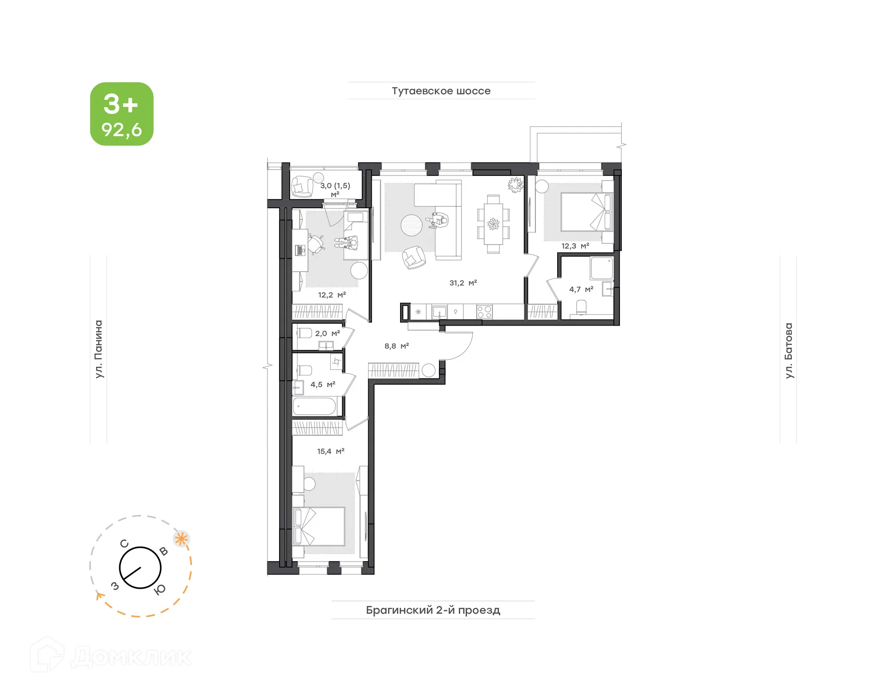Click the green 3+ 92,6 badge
click(122, 114)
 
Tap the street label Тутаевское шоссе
click(441, 91)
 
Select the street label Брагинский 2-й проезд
click(433, 610)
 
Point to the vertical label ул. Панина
click(98, 349)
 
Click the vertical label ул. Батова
click(789, 350)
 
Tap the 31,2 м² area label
click(462, 283)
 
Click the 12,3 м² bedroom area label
click(575, 246)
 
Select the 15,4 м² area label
click(330, 451)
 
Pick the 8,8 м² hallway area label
click(396, 346)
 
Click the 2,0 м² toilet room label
click(327, 333)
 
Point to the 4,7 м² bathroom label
click(581, 290)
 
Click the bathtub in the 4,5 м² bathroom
click(315, 407)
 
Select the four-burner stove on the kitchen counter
click(484, 312)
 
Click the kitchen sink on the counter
click(439, 312)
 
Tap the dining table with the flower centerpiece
click(493, 224)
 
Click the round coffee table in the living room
click(411, 225)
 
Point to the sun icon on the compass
click(182, 539)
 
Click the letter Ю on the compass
click(160, 589)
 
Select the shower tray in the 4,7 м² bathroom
click(601, 268)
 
